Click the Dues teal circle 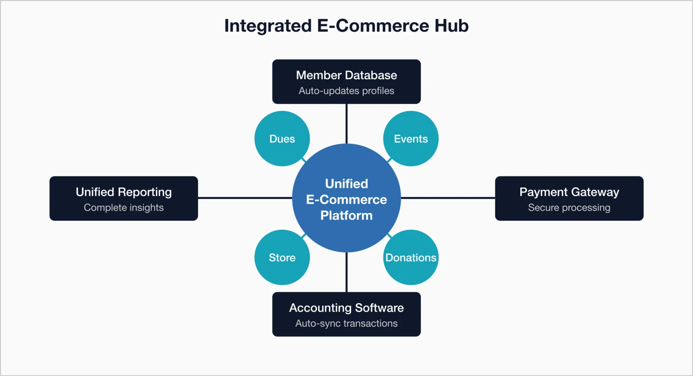coord(282,139)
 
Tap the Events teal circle coord(411,139)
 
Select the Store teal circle coord(282,258)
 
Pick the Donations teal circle coord(411,258)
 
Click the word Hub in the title coord(451,26)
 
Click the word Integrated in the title coord(268,26)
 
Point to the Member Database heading coord(346,75)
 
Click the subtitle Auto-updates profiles coord(346,91)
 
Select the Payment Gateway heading coord(569,192)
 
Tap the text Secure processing coord(569,207)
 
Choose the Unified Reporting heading coord(124,192)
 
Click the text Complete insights coord(124,207)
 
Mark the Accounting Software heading coord(346,308)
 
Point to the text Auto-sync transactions coord(346,324)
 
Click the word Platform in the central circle coord(346,215)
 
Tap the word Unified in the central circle coord(346,184)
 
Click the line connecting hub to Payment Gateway coord(448,198)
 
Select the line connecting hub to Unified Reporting coord(245,198)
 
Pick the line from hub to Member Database coord(346,123)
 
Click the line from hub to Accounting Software coord(346,272)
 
